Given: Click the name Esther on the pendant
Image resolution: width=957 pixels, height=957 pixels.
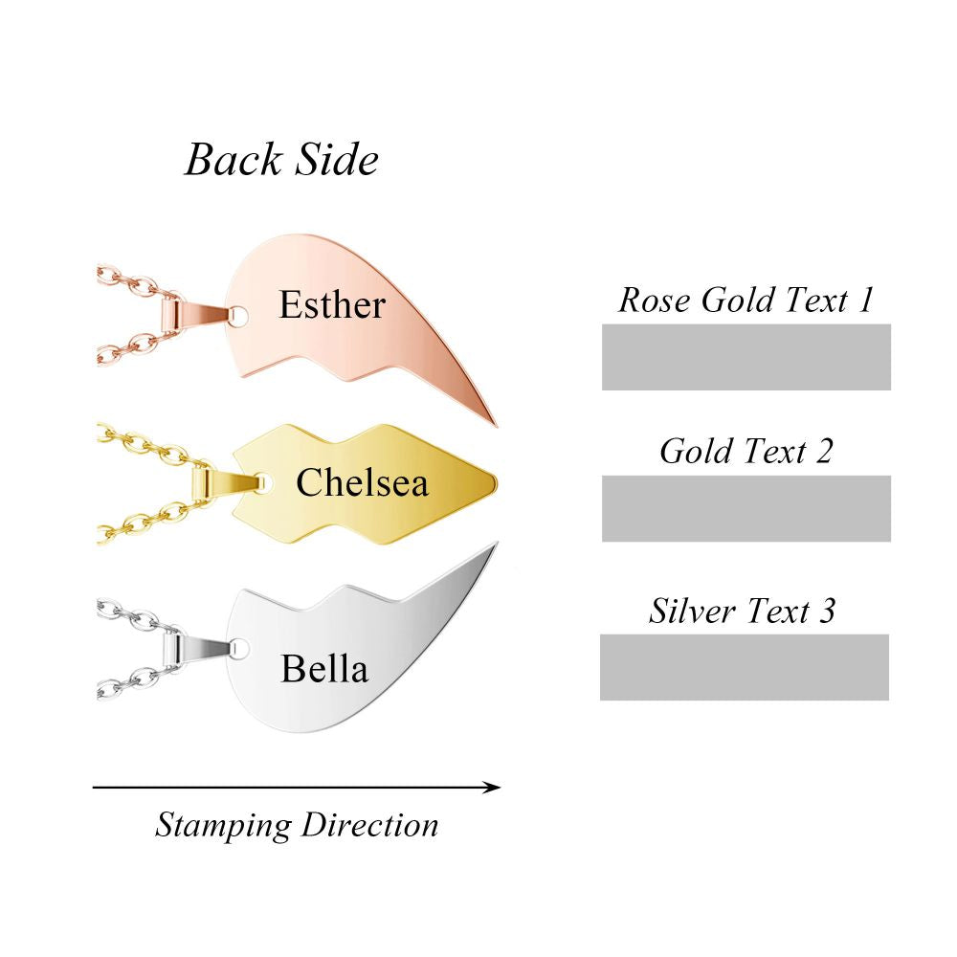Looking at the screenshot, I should pyautogui.click(x=332, y=305).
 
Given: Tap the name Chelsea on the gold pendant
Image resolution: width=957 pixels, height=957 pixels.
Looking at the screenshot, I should pyautogui.click(x=362, y=483).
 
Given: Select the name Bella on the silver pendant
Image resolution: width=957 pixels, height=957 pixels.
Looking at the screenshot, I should pyautogui.click(x=323, y=669).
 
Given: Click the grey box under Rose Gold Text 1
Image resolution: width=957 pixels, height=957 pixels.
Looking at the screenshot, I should pyautogui.click(x=746, y=357).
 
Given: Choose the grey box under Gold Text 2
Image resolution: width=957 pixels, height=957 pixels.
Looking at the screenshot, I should pyautogui.click(x=746, y=508).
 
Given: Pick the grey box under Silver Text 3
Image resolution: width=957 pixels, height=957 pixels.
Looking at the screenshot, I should pyautogui.click(x=745, y=667).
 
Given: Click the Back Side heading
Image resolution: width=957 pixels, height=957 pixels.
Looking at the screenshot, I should pyautogui.click(x=281, y=159).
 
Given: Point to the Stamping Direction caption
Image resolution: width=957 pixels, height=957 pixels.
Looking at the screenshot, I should pyautogui.click(x=297, y=825).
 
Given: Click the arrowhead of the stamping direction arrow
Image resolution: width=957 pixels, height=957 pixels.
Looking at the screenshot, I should pyautogui.click(x=492, y=788).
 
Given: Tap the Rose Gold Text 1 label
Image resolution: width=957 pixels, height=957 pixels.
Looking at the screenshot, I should pyautogui.click(x=746, y=300).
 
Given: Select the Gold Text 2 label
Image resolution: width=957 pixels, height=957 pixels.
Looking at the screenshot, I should pyautogui.click(x=746, y=451).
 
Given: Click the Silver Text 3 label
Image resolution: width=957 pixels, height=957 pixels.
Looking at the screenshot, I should pyautogui.click(x=743, y=611).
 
